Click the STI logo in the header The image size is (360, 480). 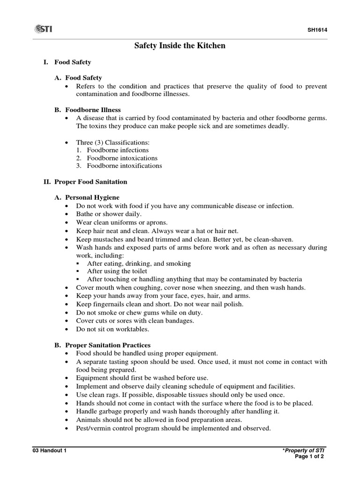click(x=43, y=30)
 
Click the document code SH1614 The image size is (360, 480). click(x=317, y=30)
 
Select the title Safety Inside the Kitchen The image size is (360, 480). click(x=180, y=46)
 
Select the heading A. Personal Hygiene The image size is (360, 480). click(x=87, y=197)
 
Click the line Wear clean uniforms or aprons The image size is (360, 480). click(x=121, y=222)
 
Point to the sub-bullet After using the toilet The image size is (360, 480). click(x=117, y=271)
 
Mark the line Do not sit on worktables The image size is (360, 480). click(x=112, y=329)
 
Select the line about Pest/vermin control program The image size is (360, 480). click(x=173, y=428)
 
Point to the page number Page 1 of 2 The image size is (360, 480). click(x=309, y=456)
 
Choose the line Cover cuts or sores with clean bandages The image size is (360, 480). click(x=135, y=321)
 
